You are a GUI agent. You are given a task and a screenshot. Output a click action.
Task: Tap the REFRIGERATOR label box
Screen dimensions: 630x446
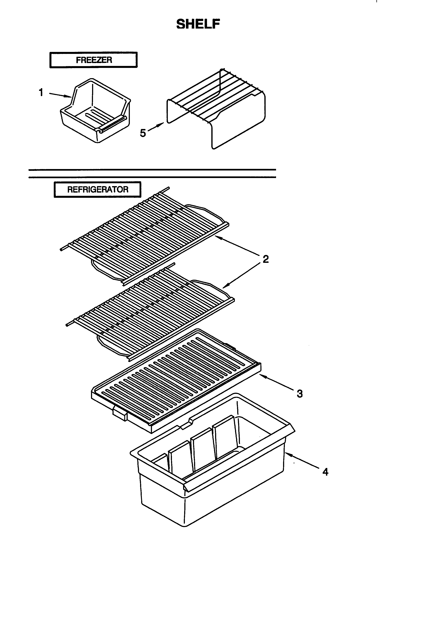coord(97,190)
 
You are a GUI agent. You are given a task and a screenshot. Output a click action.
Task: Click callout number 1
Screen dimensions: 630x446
coord(41,93)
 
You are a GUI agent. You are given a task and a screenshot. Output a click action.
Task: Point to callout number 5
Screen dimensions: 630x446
coord(143,133)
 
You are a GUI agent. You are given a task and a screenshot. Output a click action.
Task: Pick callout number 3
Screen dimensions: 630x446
coord(300,393)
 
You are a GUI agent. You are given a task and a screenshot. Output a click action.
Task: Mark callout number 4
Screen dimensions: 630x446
coord(325,472)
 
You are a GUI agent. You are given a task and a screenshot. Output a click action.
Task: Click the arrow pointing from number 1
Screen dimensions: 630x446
coord(60,95)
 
